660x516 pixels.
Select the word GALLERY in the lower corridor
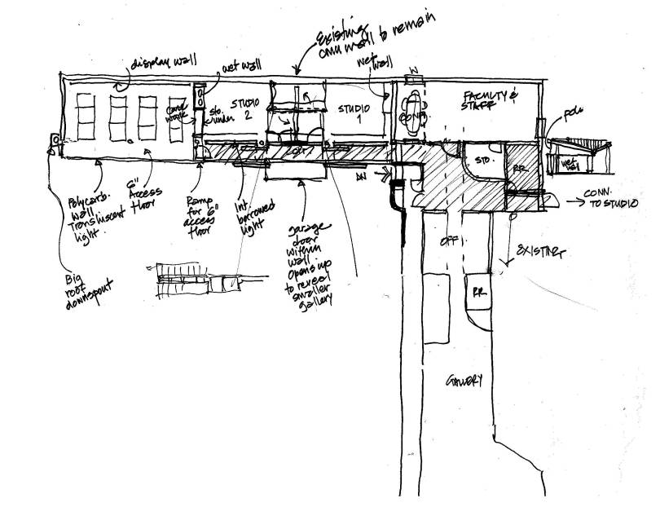[464, 381]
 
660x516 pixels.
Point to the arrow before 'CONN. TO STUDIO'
[570, 196]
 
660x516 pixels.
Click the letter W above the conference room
[412, 70]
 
